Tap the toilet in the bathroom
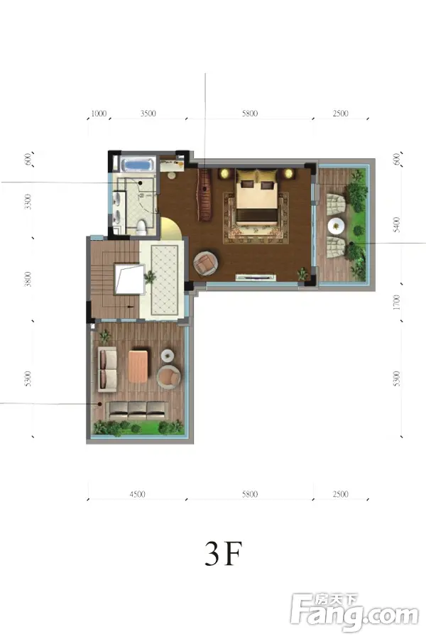click(x=141, y=226)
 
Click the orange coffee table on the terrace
click(x=138, y=365)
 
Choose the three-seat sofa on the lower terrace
click(x=137, y=410)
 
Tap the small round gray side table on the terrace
click(x=167, y=355)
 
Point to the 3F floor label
click(x=224, y=554)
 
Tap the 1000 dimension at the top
click(x=98, y=114)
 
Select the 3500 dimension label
click(x=148, y=114)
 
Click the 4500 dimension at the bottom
click(x=137, y=494)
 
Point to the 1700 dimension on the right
click(x=398, y=302)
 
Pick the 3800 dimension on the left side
click(x=28, y=279)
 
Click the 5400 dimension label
click(x=398, y=224)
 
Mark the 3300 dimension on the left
click(x=28, y=202)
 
